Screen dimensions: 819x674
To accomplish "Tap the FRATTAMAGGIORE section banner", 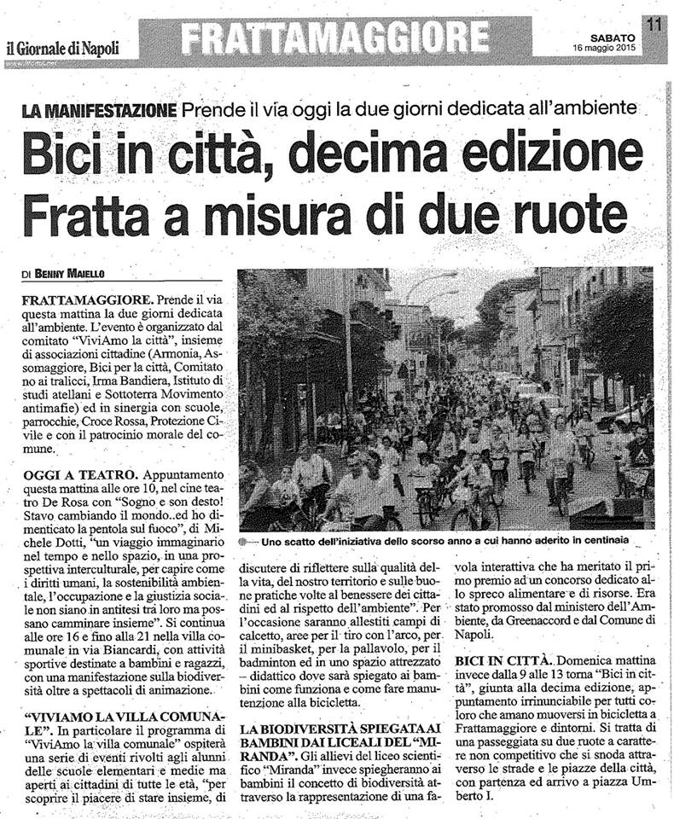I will point(337,38).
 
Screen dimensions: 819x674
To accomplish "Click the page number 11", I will point(654,25).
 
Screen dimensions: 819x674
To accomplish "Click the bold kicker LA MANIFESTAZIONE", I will point(99,109).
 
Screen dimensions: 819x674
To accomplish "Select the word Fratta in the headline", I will point(76,213).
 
